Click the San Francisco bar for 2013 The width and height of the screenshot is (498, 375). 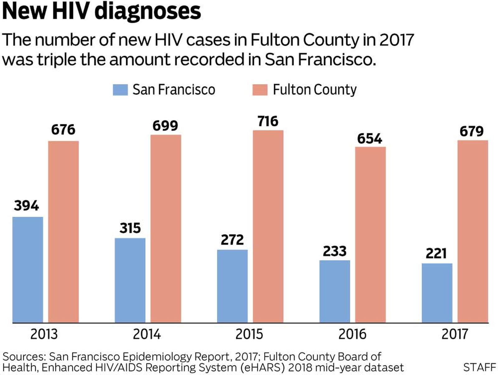point(28,270)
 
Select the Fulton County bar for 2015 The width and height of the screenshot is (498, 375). point(268,226)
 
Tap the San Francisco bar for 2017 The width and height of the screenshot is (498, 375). point(437,293)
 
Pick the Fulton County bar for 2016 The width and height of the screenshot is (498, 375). point(370,235)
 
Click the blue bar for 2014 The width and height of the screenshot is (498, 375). point(130,280)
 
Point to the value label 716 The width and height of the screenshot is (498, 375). point(268,122)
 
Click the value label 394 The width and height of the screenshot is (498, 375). point(26,206)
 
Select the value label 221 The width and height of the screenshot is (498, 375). point(436,253)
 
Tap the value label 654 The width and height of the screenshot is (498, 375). point(369,139)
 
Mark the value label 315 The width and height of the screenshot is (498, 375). point(130,228)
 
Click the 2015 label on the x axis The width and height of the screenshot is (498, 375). point(249,334)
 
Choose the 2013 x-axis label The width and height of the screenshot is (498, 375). point(44,334)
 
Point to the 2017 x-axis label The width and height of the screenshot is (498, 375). point(454,334)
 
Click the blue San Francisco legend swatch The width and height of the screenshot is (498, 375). point(120,90)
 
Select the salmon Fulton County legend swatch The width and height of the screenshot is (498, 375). point(260,90)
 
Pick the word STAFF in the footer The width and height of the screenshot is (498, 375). point(479,368)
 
